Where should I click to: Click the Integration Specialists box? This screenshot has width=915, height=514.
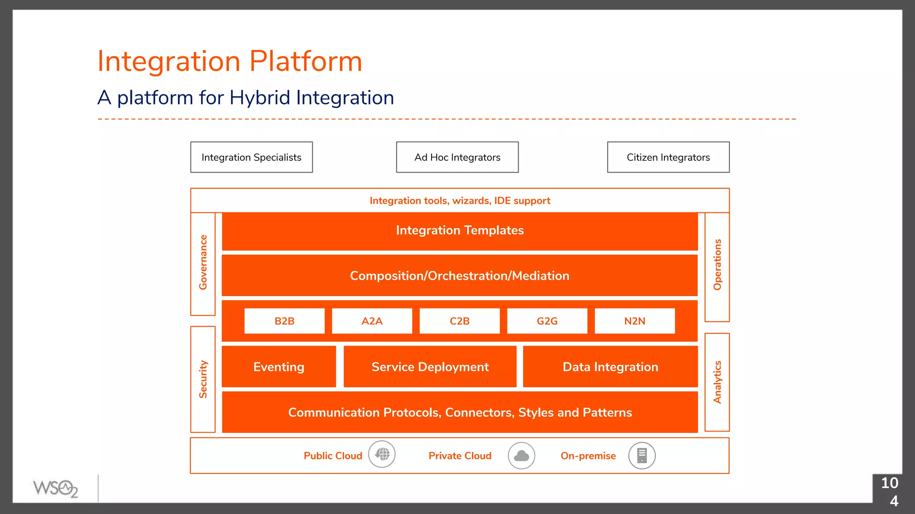251,157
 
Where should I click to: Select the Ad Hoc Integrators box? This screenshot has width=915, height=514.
457,157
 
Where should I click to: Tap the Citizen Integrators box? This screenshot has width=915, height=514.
668,157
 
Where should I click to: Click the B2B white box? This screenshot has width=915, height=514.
284,321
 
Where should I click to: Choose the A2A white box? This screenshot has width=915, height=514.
372,321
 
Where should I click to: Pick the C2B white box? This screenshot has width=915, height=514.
459,321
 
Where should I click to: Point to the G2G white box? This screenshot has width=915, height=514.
547,321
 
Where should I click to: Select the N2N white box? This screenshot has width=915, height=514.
634,321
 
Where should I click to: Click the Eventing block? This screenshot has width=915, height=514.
279,367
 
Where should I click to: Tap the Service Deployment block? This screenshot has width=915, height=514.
430,367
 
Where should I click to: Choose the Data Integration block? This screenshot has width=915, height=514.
610,367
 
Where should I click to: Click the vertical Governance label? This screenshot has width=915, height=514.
203,262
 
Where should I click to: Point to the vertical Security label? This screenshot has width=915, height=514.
203,379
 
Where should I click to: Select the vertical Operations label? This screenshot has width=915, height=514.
717,265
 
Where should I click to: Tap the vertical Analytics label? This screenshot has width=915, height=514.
717,382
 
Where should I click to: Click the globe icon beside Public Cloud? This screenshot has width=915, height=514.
382,454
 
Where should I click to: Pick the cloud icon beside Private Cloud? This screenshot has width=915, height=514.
521,456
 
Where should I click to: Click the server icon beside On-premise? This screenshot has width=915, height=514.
642,456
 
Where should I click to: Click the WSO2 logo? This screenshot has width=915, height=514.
55,488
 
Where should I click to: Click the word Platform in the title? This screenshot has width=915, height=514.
306,61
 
